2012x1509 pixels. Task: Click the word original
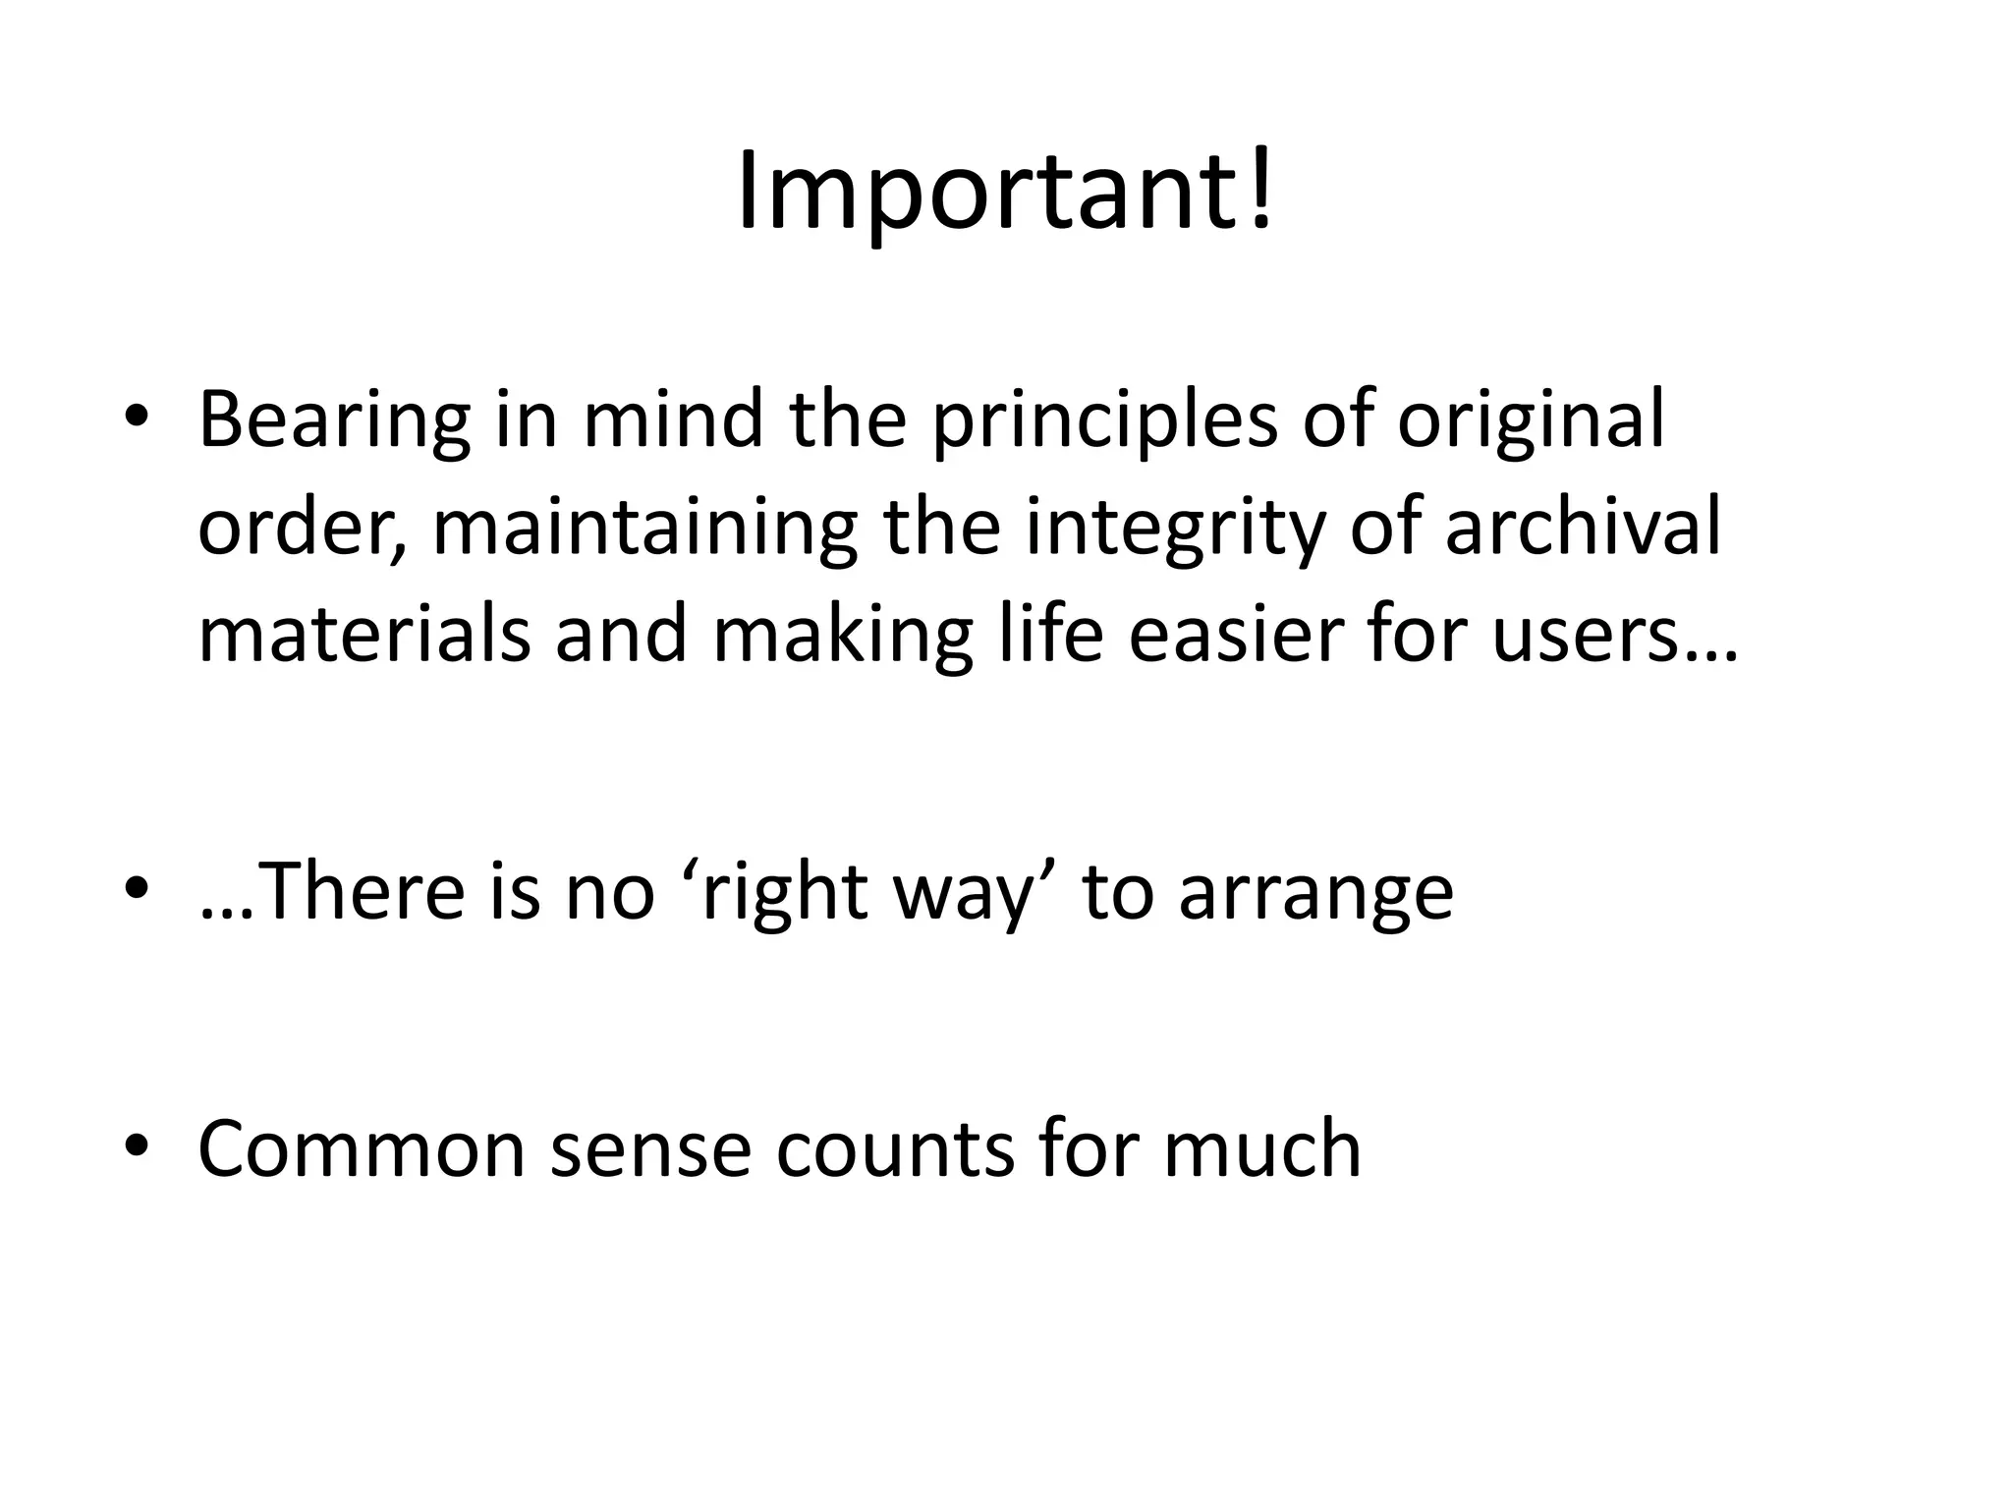click(x=1532, y=420)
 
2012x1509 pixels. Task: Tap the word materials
click(x=363, y=637)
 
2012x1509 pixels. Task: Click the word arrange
click(x=1315, y=892)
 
